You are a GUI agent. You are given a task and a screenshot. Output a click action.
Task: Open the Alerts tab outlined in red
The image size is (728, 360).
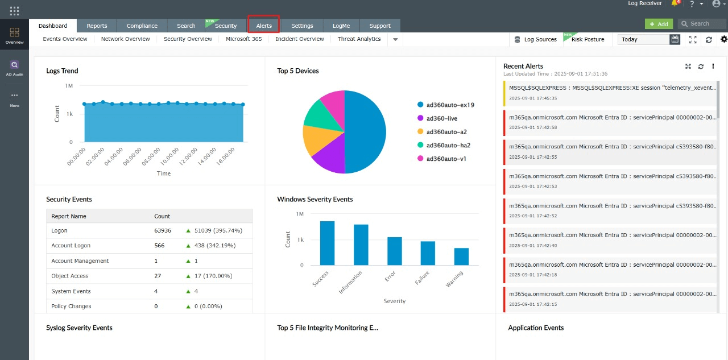click(x=264, y=26)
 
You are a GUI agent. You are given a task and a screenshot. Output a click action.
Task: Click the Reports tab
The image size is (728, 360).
click(x=97, y=26)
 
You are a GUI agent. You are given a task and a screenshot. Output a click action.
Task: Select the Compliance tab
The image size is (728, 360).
click(x=142, y=26)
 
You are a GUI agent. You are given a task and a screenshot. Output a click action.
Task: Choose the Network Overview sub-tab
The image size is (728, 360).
click(x=125, y=39)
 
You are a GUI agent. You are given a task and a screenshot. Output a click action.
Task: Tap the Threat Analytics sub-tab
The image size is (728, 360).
click(x=359, y=39)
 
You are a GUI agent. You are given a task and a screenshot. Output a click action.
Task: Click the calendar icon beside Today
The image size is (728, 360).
click(x=675, y=39)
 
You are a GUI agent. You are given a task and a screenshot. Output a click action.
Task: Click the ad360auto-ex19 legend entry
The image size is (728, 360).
click(x=450, y=105)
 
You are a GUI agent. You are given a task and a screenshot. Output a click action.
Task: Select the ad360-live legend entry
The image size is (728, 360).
click(x=441, y=118)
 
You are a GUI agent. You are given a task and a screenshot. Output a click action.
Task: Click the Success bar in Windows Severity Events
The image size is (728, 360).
click(x=327, y=243)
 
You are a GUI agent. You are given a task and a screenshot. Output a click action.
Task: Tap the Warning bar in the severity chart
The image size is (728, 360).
click(x=461, y=256)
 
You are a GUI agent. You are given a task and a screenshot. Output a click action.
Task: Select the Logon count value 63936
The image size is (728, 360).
click(x=163, y=231)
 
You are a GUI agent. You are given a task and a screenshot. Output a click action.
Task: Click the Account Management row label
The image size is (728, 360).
click(x=80, y=261)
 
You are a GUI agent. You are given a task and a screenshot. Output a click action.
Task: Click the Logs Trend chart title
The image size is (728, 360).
click(x=62, y=71)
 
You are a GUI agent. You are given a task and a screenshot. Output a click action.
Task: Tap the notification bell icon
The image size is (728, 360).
click(x=675, y=3)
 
